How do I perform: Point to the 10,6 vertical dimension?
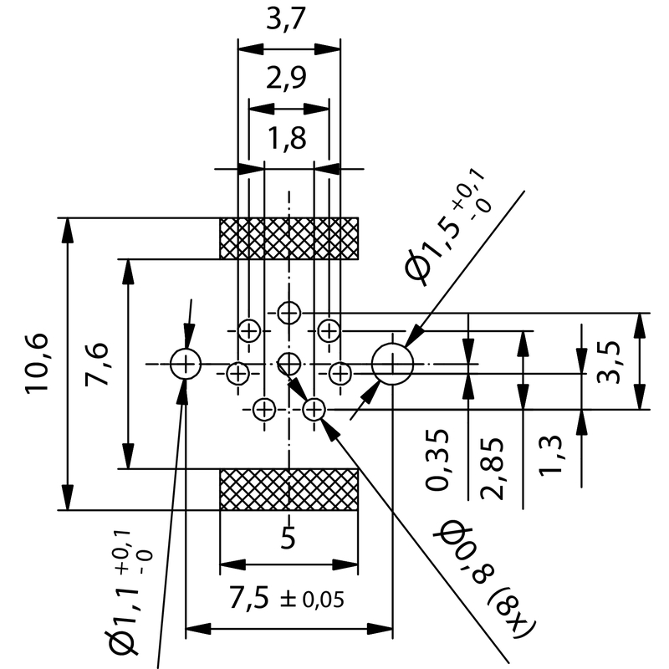(x=38, y=364)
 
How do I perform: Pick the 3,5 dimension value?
(x=609, y=361)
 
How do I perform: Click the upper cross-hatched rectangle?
(x=289, y=238)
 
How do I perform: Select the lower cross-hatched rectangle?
(x=289, y=489)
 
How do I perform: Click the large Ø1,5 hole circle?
(x=392, y=364)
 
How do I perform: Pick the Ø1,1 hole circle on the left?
(x=185, y=364)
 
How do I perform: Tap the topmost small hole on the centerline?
(x=289, y=313)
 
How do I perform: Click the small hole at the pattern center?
(x=289, y=363)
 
